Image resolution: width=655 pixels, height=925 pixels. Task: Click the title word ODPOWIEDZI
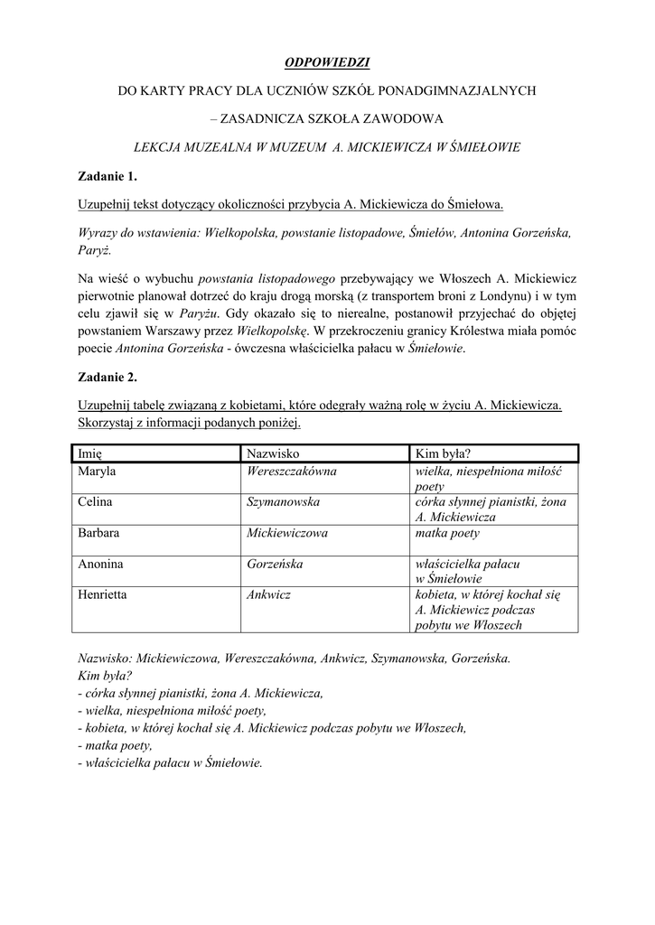pyautogui.click(x=327, y=62)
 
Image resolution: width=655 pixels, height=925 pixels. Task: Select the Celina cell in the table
pyautogui.click(x=97, y=502)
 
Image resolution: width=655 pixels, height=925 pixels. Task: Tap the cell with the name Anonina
pyautogui.click(x=101, y=564)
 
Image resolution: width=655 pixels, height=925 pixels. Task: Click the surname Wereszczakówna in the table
pyautogui.click(x=292, y=472)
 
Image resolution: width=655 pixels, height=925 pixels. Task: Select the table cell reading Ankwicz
pyautogui.click(x=268, y=594)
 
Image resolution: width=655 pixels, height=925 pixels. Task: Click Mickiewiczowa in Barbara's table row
pyautogui.click(x=287, y=533)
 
